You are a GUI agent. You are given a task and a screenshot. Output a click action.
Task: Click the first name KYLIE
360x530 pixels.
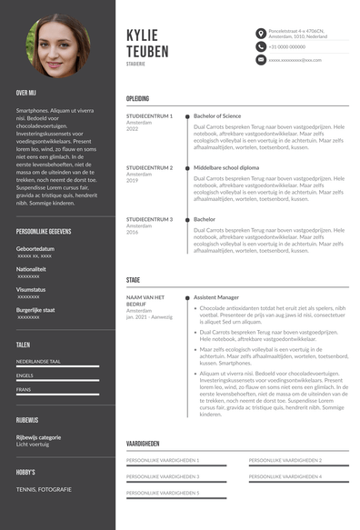146,35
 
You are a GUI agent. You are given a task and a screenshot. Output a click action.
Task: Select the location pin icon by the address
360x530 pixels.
260,33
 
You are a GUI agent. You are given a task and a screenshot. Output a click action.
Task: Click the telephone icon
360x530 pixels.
260,46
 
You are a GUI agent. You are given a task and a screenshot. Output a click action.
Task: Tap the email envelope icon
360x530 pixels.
260,60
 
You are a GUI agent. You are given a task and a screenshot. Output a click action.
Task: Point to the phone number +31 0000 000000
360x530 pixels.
286,46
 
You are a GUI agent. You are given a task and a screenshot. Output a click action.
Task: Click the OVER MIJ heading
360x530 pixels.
26,93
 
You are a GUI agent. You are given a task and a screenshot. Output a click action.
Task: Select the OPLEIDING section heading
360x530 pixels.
137,98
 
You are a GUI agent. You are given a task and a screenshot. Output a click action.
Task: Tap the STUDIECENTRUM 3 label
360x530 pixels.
149,219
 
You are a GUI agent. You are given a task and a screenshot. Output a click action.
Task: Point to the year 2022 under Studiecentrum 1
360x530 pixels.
132,129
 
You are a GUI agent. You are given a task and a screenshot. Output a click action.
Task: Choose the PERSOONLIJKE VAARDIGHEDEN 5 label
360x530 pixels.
163,492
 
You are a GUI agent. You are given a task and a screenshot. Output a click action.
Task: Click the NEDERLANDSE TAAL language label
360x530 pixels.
38,361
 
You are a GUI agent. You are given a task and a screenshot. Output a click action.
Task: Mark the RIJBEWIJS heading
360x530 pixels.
26,420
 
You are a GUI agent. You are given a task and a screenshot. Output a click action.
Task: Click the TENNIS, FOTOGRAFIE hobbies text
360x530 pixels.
44,489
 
